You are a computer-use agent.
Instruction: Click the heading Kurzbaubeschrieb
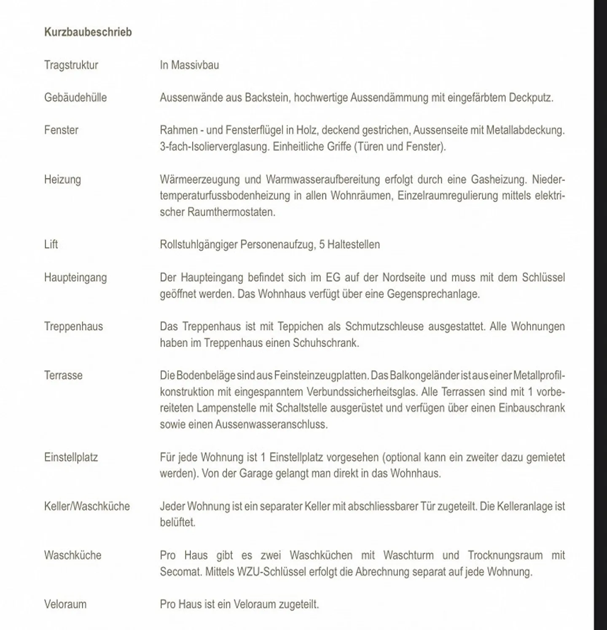coord(88,32)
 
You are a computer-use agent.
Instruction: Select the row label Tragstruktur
coord(71,65)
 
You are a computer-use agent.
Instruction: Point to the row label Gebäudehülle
coord(75,97)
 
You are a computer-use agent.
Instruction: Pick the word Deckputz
coord(530,97)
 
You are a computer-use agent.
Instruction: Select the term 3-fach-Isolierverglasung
coord(214,147)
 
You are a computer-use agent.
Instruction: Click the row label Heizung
coord(62,179)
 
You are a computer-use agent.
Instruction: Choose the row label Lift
coord(51,245)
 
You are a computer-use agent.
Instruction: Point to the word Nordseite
coord(404,277)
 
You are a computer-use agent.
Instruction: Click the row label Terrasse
coord(63,375)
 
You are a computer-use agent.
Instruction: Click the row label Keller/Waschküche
coord(87,506)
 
